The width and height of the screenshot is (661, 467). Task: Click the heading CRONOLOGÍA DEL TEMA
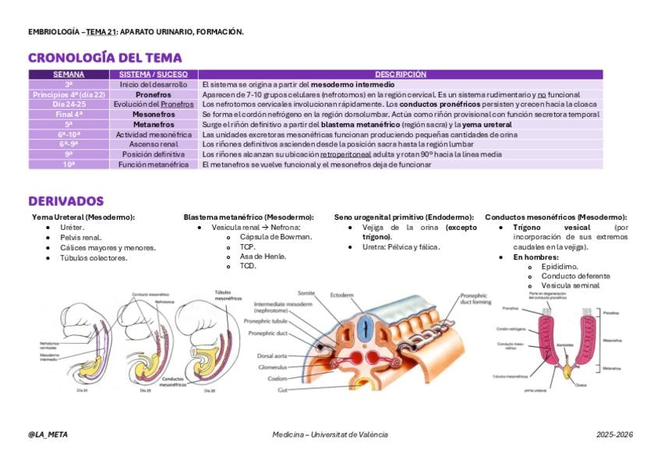[x=104, y=58]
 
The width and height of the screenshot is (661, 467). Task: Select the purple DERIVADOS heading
[x=65, y=201]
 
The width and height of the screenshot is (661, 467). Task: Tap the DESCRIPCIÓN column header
[x=400, y=74]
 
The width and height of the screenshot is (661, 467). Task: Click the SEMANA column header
[x=69, y=74]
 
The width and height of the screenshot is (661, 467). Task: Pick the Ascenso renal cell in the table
[x=154, y=144]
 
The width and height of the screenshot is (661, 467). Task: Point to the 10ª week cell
[x=69, y=165]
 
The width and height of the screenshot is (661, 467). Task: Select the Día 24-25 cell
[x=69, y=104]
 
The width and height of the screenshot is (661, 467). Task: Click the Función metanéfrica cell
[x=154, y=165]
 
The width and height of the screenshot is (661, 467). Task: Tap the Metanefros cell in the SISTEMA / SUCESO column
[x=154, y=124]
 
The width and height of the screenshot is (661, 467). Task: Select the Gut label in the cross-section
[x=281, y=390]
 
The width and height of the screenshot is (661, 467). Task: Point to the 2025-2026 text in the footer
[x=614, y=434]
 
